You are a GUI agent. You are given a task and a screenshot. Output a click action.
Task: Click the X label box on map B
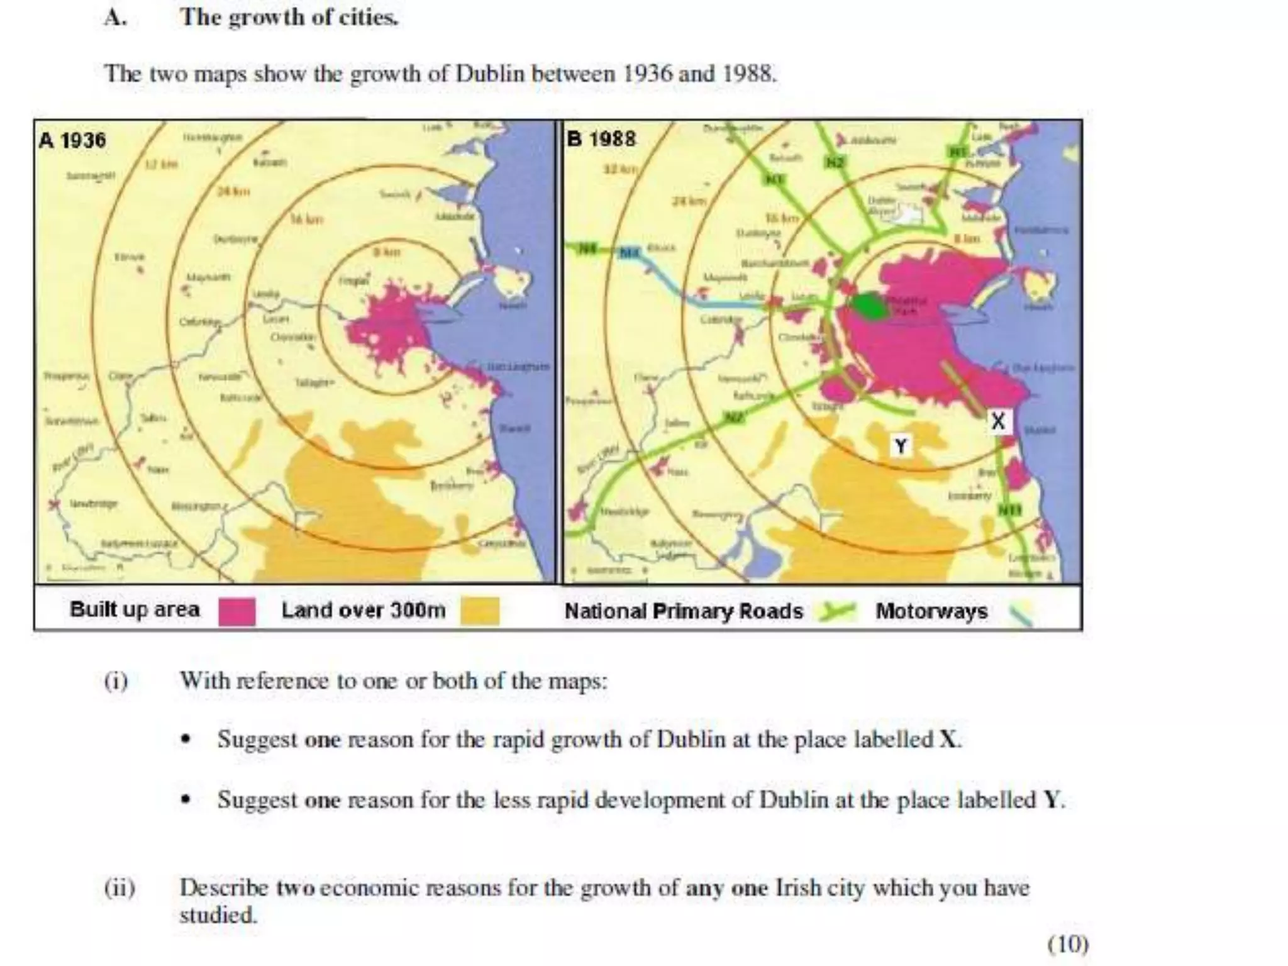click(x=998, y=421)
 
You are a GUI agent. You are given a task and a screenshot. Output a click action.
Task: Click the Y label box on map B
click(x=901, y=446)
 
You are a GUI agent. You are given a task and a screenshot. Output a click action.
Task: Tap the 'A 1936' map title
click(x=72, y=140)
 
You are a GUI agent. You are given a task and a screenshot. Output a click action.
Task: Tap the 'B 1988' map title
click(x=601, y=138)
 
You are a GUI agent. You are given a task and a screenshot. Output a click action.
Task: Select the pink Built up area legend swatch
click(x=237, y=611)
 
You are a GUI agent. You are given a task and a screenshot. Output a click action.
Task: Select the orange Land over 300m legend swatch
click(x=480, y=611)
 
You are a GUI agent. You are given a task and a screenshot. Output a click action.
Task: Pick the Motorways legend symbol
click(x=1019, y=613)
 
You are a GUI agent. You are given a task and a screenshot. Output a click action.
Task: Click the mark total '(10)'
click(x=1068, y=944)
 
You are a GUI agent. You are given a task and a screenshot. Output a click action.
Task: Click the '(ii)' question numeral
click(x=119, y=888)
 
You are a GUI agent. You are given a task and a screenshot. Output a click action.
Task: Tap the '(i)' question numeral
click(x=116, y=681)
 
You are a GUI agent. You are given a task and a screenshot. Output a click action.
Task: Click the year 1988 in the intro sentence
click(x=748, y=74)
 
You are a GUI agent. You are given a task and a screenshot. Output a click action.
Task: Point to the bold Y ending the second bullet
click(x=1052, y=800)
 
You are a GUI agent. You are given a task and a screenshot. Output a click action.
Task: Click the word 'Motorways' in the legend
click(x=931, y=611)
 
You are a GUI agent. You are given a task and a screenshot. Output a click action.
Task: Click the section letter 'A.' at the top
click(x=116, y=18)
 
